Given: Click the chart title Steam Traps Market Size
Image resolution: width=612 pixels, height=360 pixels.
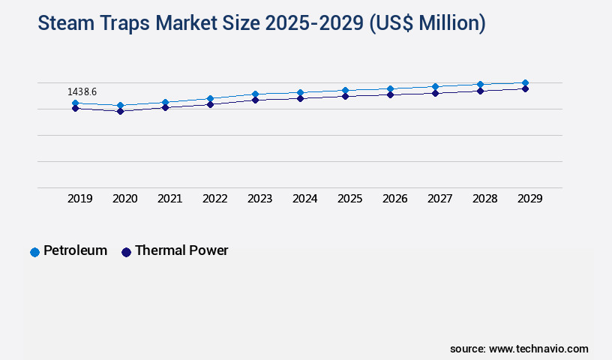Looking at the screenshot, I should point(262,24).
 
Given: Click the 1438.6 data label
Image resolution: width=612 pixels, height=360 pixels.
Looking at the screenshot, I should point(82,91).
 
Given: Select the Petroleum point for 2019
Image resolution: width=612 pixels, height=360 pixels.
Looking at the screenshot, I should point(75,103).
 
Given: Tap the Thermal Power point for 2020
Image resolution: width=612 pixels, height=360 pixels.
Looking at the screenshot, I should point(120,111).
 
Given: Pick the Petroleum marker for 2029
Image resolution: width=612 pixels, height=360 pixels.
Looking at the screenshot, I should point(525,83).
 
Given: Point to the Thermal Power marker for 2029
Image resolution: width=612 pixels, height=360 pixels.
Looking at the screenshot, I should point(525,88).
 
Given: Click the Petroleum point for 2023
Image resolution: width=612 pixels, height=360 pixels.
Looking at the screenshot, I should point(255,94).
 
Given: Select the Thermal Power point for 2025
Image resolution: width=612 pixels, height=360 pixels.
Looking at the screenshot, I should point(345,96).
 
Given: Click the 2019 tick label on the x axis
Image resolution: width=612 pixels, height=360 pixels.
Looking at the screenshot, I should point(80,199).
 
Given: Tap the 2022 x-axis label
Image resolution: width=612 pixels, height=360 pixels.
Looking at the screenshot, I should point(215,199).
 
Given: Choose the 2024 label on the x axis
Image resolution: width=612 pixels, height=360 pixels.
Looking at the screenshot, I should point(305,199).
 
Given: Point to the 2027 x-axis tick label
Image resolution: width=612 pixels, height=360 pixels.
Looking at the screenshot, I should point(440,199).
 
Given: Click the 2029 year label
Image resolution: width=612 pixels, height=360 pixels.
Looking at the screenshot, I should point(530,199).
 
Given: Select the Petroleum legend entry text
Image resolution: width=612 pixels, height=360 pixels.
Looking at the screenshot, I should point(75,250).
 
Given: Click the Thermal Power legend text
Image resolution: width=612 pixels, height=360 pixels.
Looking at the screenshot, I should point(181,250).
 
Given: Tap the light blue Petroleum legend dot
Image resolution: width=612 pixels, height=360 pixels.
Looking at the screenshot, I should point(34,252).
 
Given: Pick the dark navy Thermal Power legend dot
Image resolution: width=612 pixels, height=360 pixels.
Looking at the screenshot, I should point(126,252).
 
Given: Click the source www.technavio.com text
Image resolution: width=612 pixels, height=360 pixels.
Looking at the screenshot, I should point(519,349).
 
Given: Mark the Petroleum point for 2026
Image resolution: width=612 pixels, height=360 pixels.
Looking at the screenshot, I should point(390,89).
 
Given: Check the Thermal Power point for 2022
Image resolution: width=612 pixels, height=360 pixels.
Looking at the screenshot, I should point(210,104).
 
